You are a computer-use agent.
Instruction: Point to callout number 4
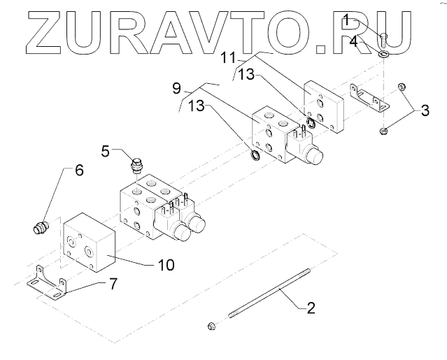click(355, 42)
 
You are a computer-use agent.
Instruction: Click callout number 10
click(166, 266)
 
